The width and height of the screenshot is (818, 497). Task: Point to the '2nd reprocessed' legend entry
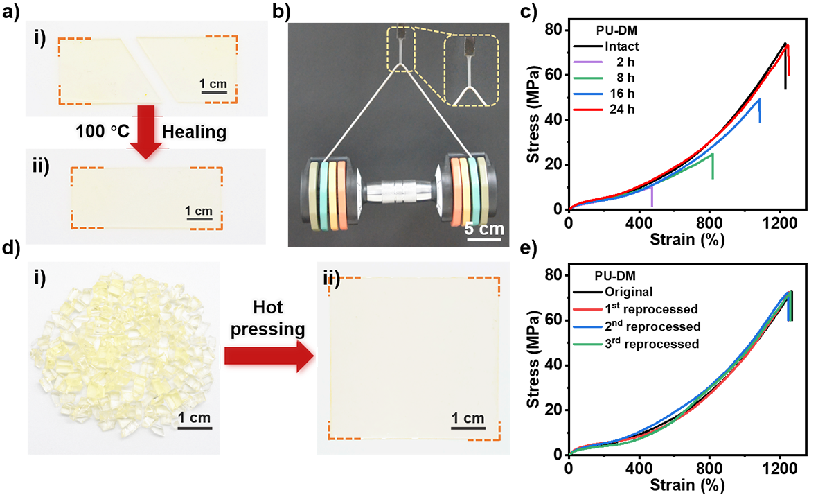pyautogui.click(x=652, y=326)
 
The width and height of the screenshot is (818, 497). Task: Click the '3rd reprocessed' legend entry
pyautogui.click(x=651, y=343)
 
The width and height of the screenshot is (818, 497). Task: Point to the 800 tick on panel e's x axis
pyautogui.click(x=709, y=468)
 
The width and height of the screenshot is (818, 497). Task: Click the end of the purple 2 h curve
pyautogui.click(x=652, y=186)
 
